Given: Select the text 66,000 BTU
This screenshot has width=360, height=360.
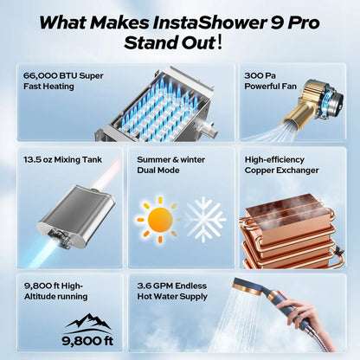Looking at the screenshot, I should tap(50, 75).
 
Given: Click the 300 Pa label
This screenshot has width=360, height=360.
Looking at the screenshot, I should tap(260, 75).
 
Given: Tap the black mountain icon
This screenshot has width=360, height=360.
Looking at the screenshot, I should tap(87, 323).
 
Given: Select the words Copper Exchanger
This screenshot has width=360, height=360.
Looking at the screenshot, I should tap(280, 171).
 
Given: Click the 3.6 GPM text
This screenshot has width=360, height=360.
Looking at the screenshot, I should tap(155, 282).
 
